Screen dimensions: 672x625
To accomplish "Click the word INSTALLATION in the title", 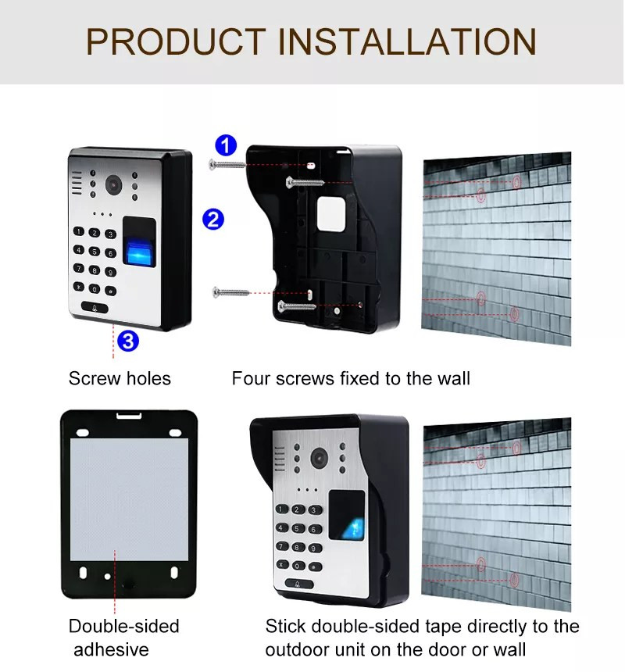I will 408,41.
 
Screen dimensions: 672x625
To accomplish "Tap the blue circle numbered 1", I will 226,145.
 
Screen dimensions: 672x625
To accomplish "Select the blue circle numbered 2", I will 213,219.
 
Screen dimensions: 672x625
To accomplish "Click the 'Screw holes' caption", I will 120,379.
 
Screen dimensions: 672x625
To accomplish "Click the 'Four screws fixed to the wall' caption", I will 351,379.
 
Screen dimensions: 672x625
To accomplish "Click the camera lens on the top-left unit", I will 114,186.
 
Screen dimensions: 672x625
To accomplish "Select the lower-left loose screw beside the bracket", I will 230,292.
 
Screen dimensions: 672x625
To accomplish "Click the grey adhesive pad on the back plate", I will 129,499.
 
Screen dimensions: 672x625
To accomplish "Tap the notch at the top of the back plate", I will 129,416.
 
